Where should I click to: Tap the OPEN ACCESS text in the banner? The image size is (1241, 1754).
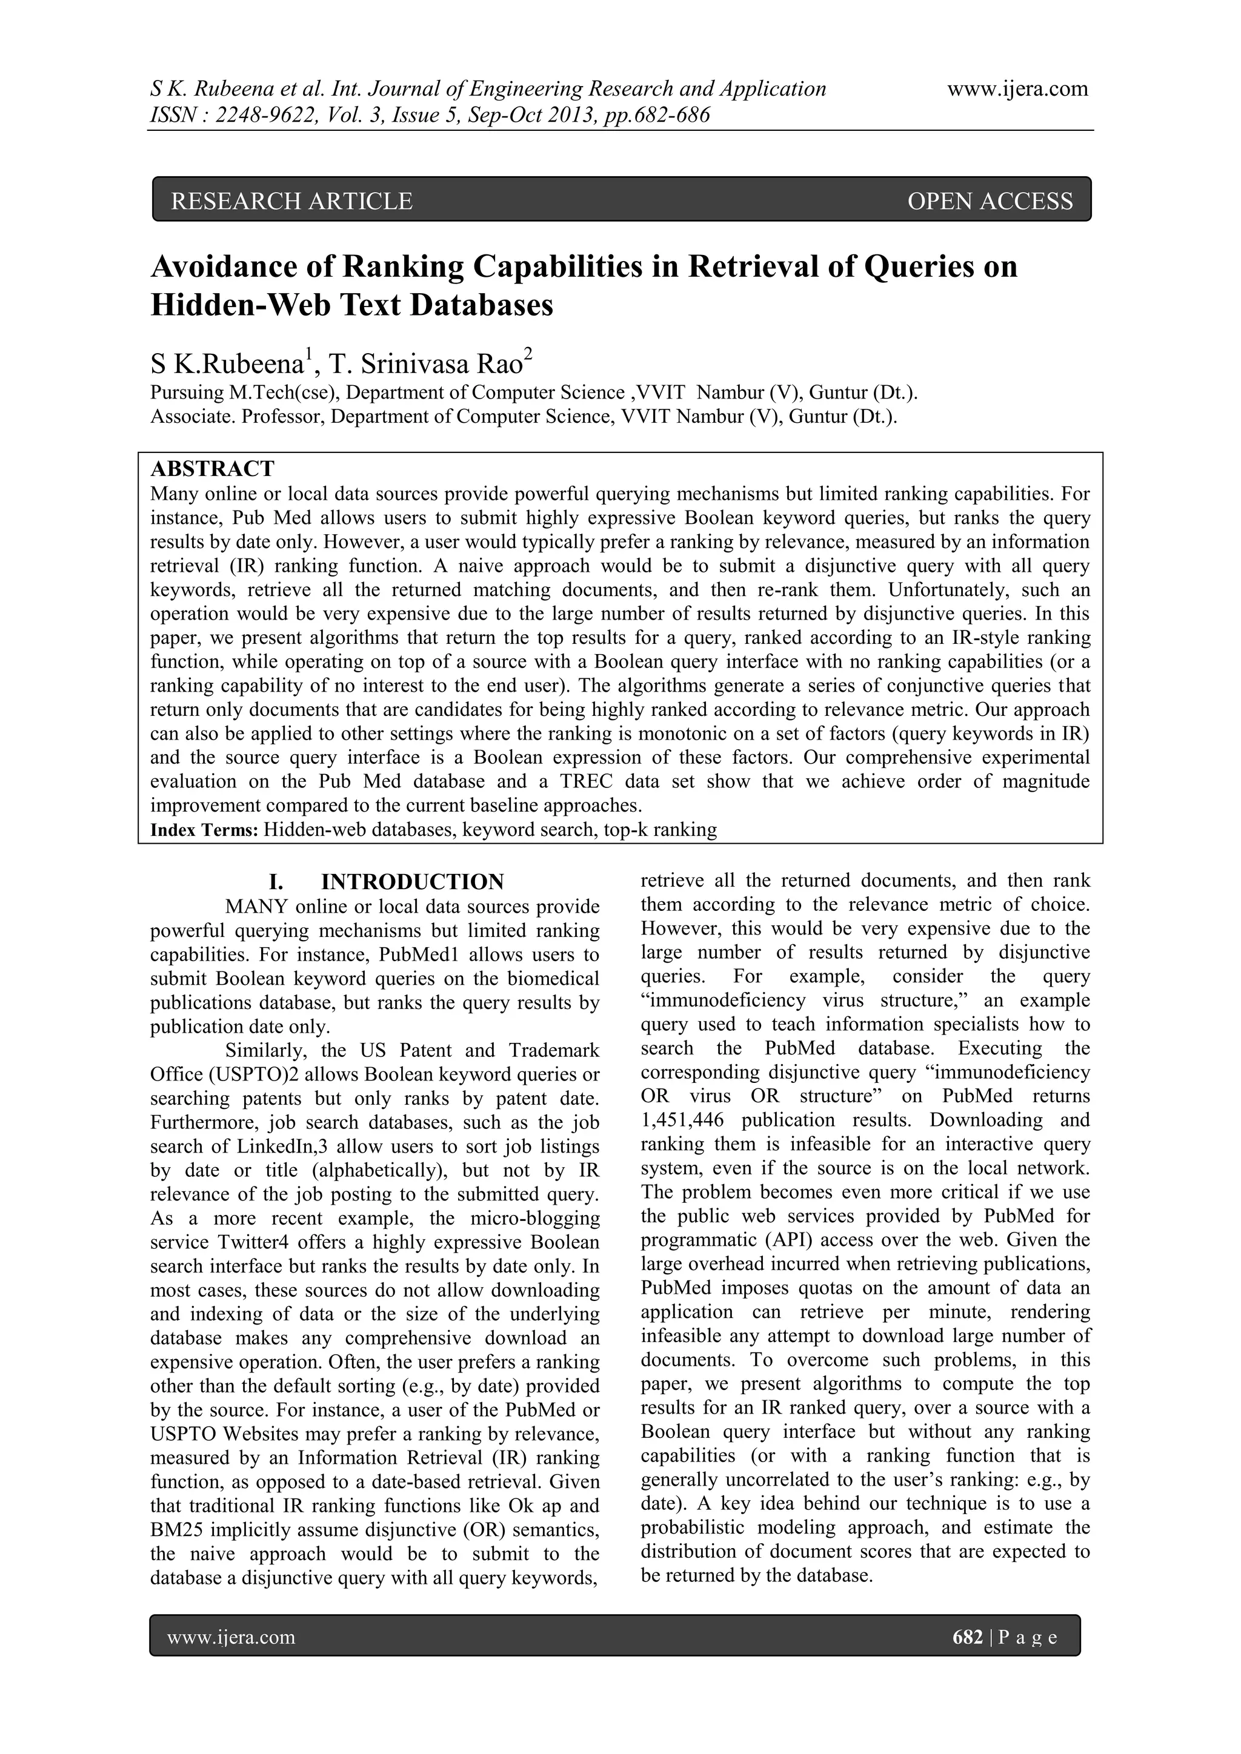click(x=990, y=201)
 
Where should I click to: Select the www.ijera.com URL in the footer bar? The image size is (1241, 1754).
click(x=231, y=1637)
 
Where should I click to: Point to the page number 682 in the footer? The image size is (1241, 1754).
click(x=968, y=1637)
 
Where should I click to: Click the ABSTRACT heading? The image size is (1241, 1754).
click(x=213, y=468)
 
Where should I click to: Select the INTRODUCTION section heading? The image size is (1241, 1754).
click(x=412, y=882)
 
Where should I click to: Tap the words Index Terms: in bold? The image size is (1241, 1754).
click(x=204, y=830)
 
